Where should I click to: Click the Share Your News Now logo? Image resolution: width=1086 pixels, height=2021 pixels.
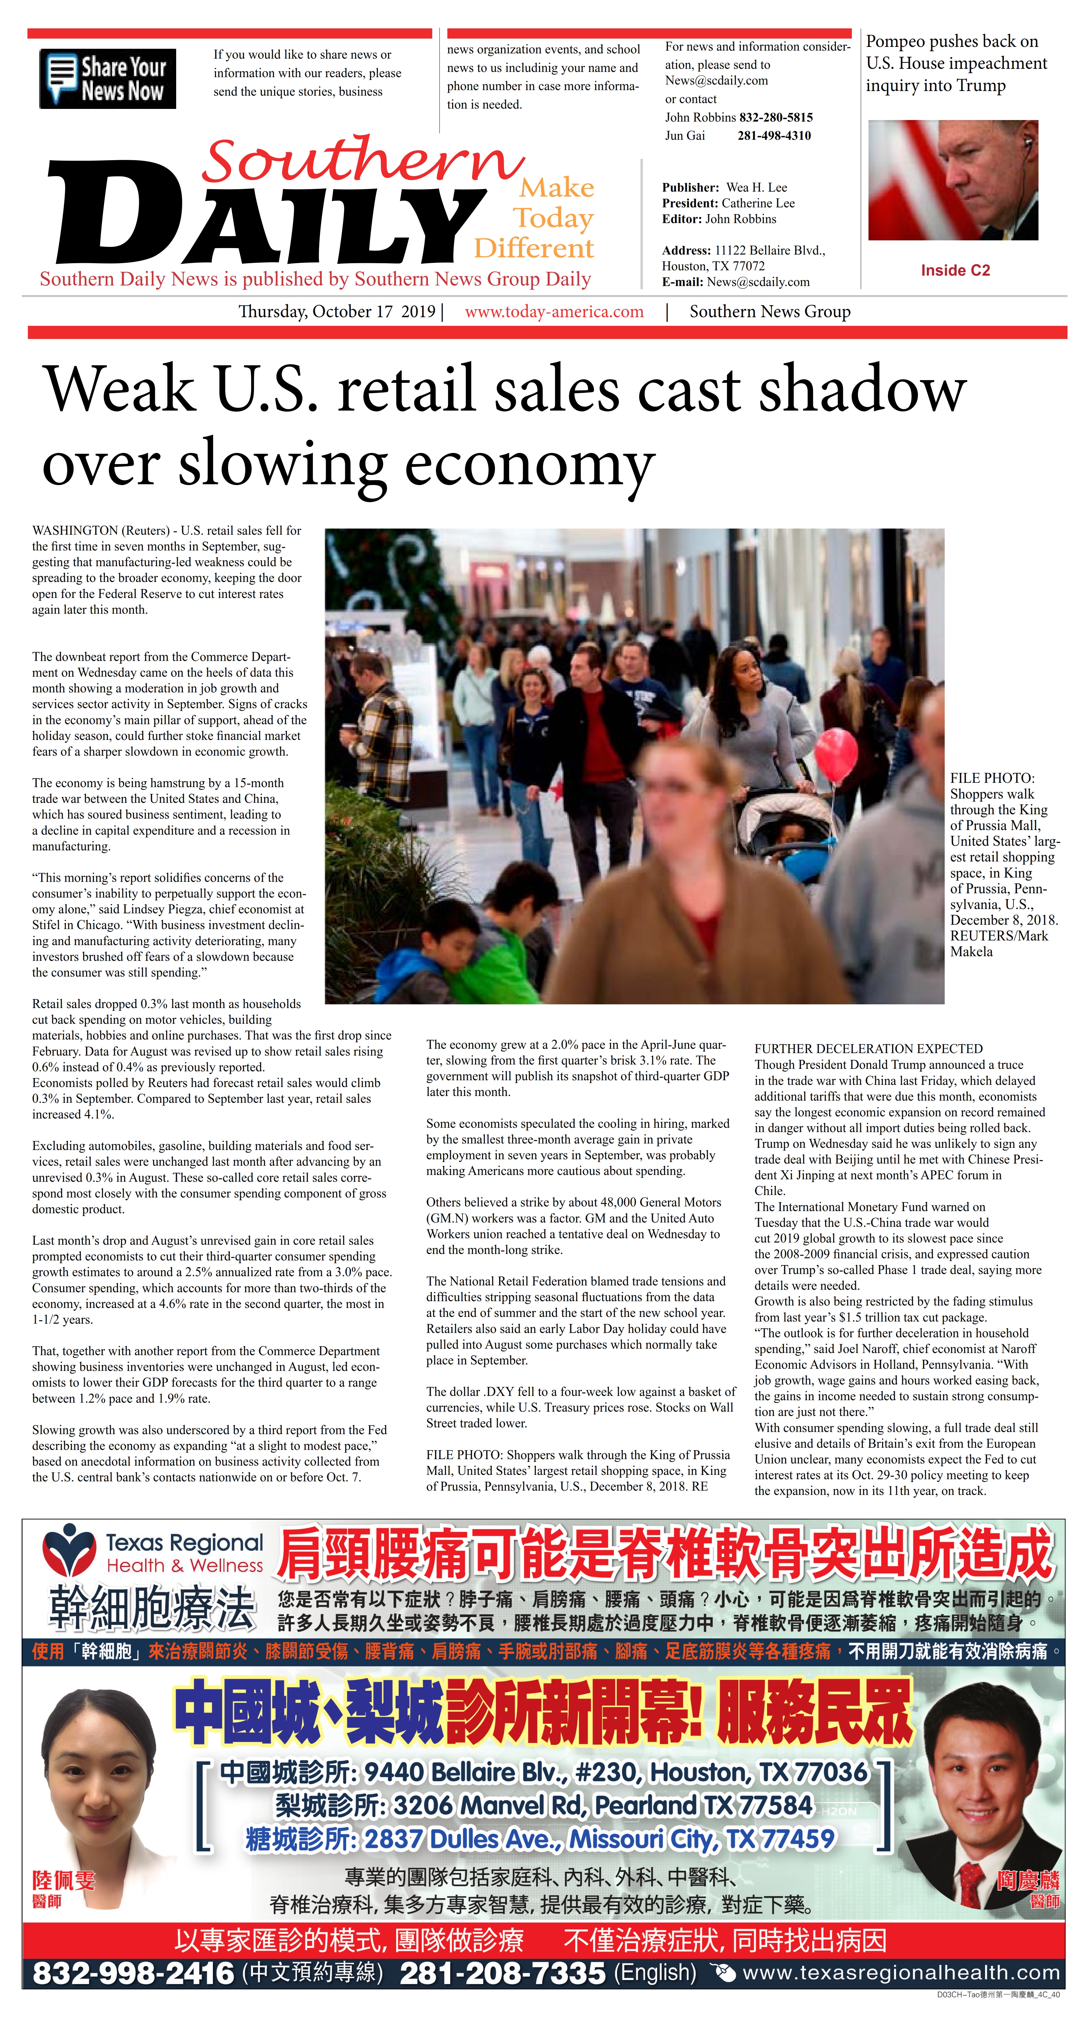[107, 78]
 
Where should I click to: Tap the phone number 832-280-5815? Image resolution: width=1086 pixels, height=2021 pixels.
[775, 117]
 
